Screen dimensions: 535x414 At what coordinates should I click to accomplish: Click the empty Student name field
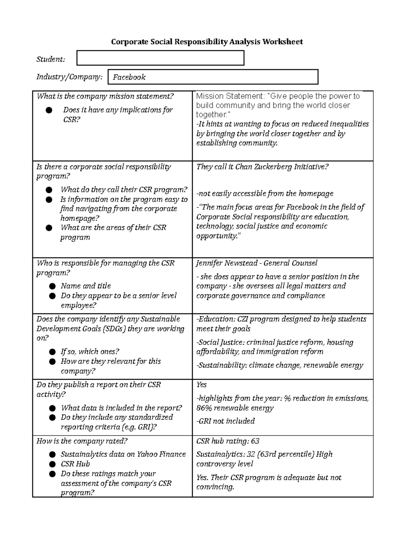pyautogui.click(x=160, y=58)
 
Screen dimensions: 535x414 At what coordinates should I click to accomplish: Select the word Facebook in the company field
pyautogui.click(x=129, y=77)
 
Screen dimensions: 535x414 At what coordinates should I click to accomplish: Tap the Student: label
pyautogui.click(x=51, y=59)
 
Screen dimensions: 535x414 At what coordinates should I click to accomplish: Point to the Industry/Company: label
pyautogui.click(x=69, y=77)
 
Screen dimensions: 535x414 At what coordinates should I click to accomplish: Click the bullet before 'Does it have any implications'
pyautogui.click(x=49, y=110)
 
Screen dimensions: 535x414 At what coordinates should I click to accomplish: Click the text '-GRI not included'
pyautogui.click(x=225, y=421)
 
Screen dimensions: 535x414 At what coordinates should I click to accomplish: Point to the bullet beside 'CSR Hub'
pyautogui.click(x=52, y=464)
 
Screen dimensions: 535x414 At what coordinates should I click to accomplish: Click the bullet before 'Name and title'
pyautogui.click(x=52, y=286)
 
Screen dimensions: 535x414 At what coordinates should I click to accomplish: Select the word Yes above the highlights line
pyautogui.click(x=201, y=385)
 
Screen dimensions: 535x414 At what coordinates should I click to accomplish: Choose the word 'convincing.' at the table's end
pyautogui.click(x=215, y=487)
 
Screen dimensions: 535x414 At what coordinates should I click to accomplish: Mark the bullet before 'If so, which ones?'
pyautogui.click(x=52, y=352)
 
